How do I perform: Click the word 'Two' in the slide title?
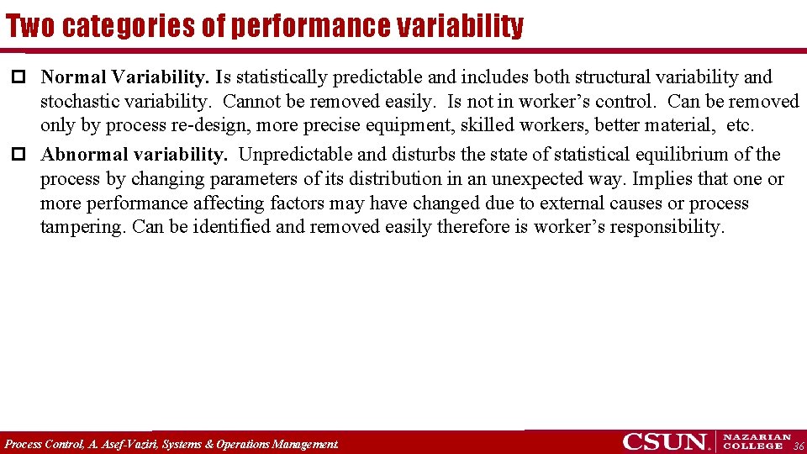31,27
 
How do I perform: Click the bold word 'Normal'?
74,77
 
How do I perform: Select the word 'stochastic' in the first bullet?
79,102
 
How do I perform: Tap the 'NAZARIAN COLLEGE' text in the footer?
757,441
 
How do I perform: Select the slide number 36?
799,446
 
